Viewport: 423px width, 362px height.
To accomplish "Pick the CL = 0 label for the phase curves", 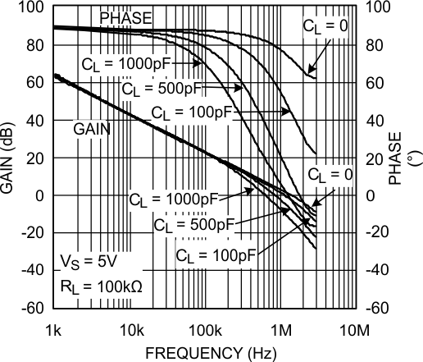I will [x=325, y=25].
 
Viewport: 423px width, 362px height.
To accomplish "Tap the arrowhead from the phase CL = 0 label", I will [x=308, y=73].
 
